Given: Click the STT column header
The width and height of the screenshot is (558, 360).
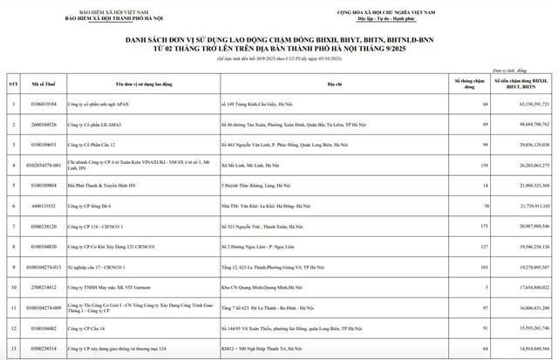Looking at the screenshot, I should [13, 84].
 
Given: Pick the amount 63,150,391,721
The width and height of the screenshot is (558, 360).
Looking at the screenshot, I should [523, 105].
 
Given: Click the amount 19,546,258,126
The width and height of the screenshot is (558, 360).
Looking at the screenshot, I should [523, 246].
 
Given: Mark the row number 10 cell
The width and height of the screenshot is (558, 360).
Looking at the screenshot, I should [13, 285].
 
